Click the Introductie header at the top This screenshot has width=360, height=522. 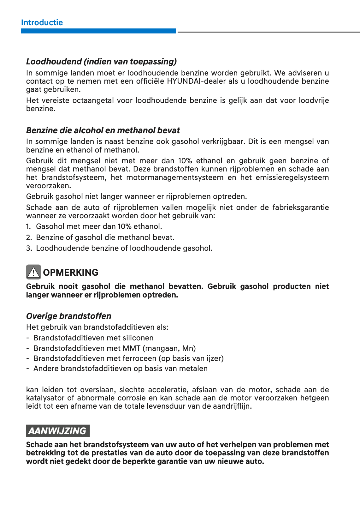point(42,22)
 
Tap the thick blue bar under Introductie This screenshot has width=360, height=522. point(98,31)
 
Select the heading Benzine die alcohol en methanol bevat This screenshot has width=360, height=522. point(103,130)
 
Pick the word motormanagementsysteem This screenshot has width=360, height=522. point(175,177)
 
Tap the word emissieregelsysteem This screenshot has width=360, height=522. point(292,177)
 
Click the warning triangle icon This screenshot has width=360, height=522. point(33,272)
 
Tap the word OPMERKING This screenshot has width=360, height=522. point(71,273)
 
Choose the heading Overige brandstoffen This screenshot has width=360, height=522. point(69,316)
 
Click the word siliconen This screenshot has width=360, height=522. point(138,338)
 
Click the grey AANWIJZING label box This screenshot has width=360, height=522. point(58,431)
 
